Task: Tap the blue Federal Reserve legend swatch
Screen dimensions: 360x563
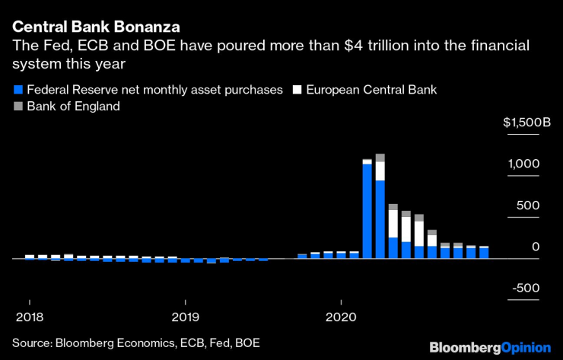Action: tap(17, 90)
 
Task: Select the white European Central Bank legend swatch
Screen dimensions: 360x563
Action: tap(297, 90)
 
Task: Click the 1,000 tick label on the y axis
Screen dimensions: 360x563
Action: tap(524, 164)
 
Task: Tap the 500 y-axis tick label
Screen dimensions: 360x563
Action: tap(530, 205)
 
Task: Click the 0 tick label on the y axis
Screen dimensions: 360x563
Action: tap(536, 247)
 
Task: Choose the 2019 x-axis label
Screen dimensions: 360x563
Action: tap(185, 316)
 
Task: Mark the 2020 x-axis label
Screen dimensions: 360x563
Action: tap(341, 316)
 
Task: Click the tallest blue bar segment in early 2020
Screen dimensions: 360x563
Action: tap(367, 211)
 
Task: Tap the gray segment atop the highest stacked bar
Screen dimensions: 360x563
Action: tap(380, 158)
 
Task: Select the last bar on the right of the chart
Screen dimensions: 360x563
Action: tap(484, 253)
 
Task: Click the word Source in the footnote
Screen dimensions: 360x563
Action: tap(30, 343)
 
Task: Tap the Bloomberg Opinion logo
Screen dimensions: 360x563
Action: tap(489, 347)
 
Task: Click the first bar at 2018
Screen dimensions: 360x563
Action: tap(30, 257)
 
